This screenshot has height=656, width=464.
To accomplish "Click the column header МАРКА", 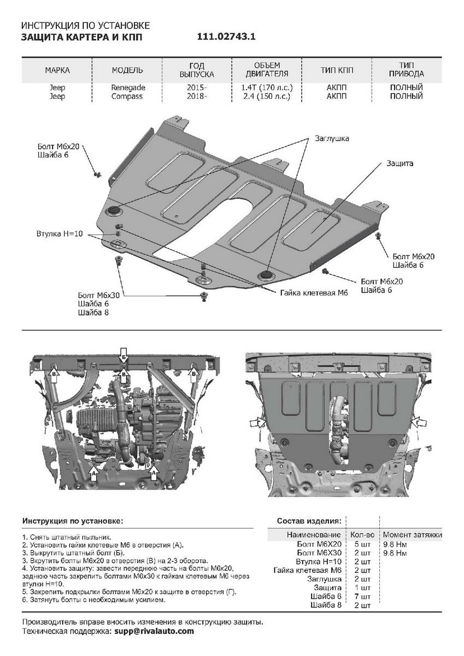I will (57, 71).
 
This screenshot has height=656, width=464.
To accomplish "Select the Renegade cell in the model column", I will (128, 87).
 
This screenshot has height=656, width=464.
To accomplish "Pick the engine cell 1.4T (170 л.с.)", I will (266, 87).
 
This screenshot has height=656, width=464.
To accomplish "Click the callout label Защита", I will (400, 163).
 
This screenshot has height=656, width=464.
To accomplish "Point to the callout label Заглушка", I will (331, 139).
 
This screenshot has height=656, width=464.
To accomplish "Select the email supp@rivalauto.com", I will (154, 631).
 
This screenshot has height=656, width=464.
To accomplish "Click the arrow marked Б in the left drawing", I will (124, 356).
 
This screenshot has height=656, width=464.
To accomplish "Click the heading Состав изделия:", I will (309, 521).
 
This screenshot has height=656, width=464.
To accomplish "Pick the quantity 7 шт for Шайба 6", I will (362, 596).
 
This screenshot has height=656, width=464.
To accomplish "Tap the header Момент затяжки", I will (412, 535).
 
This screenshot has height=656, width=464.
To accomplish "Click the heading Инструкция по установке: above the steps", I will (73, 521).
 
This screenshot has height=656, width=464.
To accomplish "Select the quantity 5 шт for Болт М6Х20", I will (362, 544).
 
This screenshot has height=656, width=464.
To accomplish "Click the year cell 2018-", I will (197, 96).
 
